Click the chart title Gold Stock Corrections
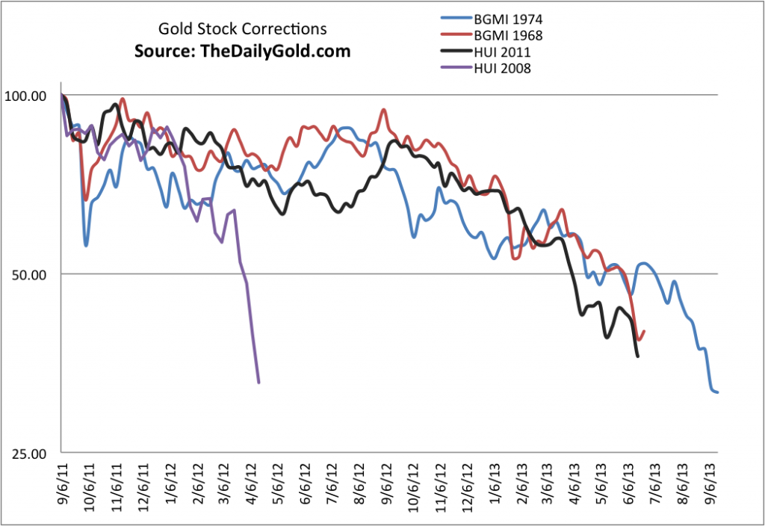point(242,30)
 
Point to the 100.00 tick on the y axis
point(26,96)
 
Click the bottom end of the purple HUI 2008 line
point(258,383)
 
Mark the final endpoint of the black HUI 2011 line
point(637,356)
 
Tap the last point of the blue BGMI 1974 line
point(717,392)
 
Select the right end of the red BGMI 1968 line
point(644,332)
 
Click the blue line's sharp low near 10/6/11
point(86,245)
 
